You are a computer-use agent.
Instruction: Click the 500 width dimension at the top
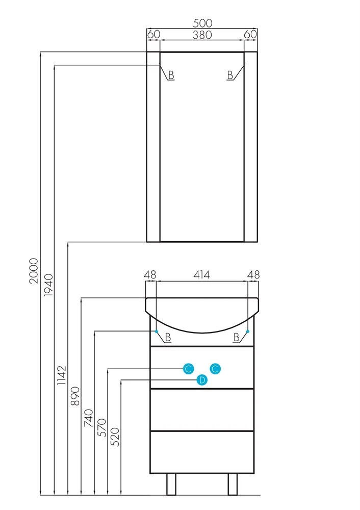202,23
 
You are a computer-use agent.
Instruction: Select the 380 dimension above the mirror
202,35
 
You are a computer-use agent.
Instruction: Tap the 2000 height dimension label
34,271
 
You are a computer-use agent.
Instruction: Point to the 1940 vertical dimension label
48,285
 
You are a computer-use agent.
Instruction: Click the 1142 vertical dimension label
62,375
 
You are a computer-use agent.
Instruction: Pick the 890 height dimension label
75,396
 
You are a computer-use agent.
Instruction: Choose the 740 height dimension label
88,418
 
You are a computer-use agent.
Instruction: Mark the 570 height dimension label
102,427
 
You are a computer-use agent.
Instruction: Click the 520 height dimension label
115,437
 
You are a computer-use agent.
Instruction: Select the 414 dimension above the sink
201,275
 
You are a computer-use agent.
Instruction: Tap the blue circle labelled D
202,379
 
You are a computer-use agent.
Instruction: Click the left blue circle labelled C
188,369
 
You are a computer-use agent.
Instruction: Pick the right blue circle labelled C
215,369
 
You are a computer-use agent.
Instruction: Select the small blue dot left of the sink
157,331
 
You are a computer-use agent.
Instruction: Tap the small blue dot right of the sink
248,331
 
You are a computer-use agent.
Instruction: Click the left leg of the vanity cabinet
171,484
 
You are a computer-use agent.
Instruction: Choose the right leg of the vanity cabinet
233,484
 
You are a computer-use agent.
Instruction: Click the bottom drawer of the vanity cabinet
201,452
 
